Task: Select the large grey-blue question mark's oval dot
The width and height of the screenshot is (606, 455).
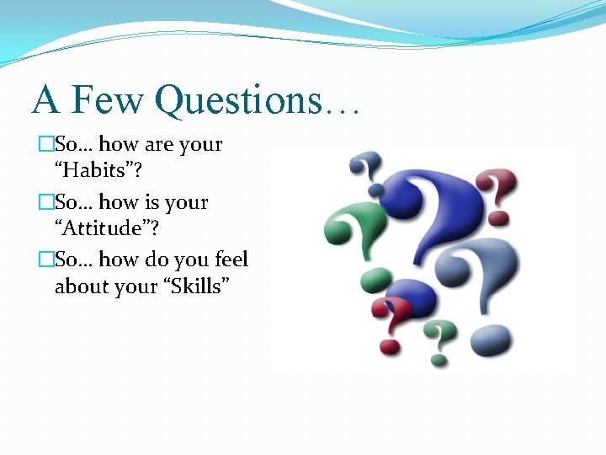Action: tap(490, 341)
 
